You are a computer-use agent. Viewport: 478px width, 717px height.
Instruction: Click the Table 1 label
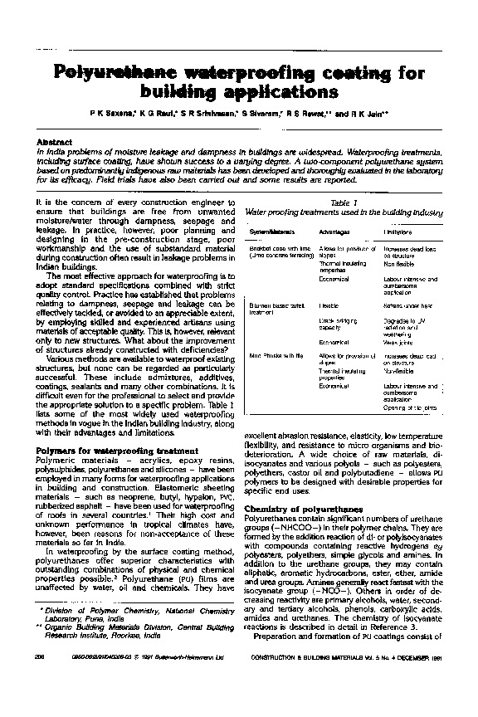(343, 202)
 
